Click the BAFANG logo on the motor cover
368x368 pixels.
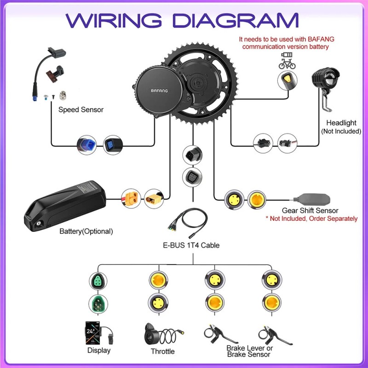(x=160, y=91)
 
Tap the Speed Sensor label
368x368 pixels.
(x=81, y=110)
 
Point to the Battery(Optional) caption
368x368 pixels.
(x=86, y=231)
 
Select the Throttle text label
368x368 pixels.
(x=162, y=351)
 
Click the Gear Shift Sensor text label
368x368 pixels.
(x=310, y=211)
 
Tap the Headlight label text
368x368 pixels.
(x=341, y=123)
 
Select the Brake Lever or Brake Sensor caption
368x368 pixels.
(x=249, y=351)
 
